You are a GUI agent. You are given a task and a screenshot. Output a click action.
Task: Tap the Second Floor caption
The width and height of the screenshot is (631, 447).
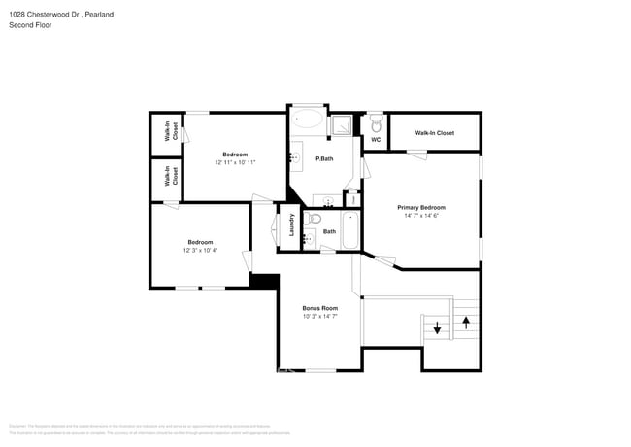click(x=30, y=25)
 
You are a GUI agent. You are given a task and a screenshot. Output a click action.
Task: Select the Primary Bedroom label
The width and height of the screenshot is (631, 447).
click(x=420, y=207)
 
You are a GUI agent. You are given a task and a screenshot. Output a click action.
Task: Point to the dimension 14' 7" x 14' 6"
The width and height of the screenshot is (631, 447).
click(x=420, y=215)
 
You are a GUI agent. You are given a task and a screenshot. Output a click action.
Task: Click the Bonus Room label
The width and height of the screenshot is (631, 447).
click(x=319, y=308)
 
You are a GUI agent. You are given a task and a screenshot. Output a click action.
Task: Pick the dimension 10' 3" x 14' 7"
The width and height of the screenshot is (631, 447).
click(x=319, y=316)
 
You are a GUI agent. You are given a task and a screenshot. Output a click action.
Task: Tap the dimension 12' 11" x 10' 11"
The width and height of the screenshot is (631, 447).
click(x=235, y=162)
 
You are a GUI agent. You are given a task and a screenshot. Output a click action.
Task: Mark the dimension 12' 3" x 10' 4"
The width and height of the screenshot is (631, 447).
click(x=200, y=250)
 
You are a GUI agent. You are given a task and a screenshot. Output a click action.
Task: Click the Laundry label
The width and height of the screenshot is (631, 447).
click(x=291, y=225)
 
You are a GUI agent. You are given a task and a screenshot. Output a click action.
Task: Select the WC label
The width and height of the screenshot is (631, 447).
click(x=376, y=140)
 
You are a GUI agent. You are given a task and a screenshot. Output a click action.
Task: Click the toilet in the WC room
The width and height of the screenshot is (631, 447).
click(x=376, y=123)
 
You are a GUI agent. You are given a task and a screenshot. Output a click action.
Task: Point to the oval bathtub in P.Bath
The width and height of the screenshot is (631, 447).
click(x=309, y=120)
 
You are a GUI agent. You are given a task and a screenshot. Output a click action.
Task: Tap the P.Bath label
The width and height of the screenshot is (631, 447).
click(x=325, y=159)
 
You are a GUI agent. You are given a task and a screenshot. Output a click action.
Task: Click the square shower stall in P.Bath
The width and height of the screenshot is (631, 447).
click(x=343, y=124)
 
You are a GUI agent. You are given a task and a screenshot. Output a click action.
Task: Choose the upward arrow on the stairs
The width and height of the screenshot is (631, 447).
click(x=466, y=321)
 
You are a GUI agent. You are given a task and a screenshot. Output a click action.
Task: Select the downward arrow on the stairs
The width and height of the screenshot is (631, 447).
click(x=438, y=328)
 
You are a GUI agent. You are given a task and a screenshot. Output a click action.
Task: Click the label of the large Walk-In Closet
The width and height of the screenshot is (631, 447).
click(x=434, y=133)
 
